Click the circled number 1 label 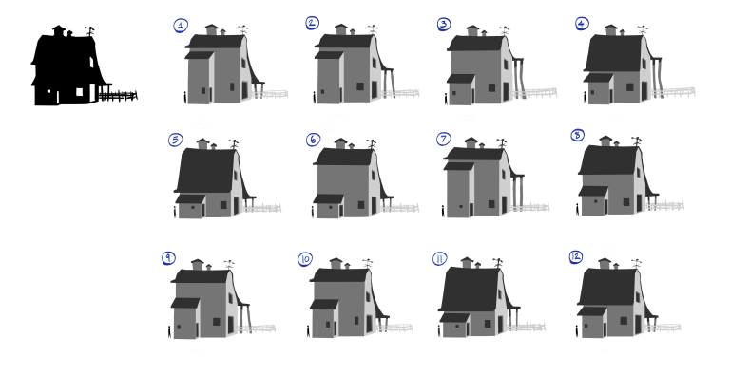tap(182, 26)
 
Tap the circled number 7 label tap(443, 139)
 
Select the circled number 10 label tap(305, 259)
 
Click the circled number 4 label tap(582, 24)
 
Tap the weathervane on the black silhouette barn tap(89, 31)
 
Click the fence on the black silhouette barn tap(118, 96)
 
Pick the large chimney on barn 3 tap(472, 30)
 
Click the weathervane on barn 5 tap(233, 143)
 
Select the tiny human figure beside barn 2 tap(315, 97)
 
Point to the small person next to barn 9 tap(169, 331)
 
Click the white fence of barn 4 tap(673, 92)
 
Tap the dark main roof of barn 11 tap(471, 290)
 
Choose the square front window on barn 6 tap(361, 205)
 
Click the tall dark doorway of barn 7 tap(504, 205)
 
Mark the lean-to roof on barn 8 tap(593, 191)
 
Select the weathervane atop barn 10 tap(367, 263)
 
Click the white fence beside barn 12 tap(663, 328)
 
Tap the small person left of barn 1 tap(185, 97)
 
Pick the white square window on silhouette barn tap(79, 92)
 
